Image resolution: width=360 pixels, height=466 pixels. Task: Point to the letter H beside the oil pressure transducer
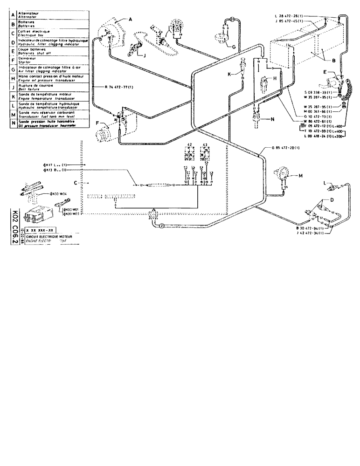pos(275,79)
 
